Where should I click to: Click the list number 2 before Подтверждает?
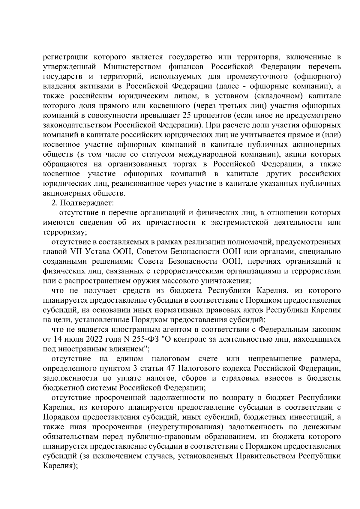tap(54, 203)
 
